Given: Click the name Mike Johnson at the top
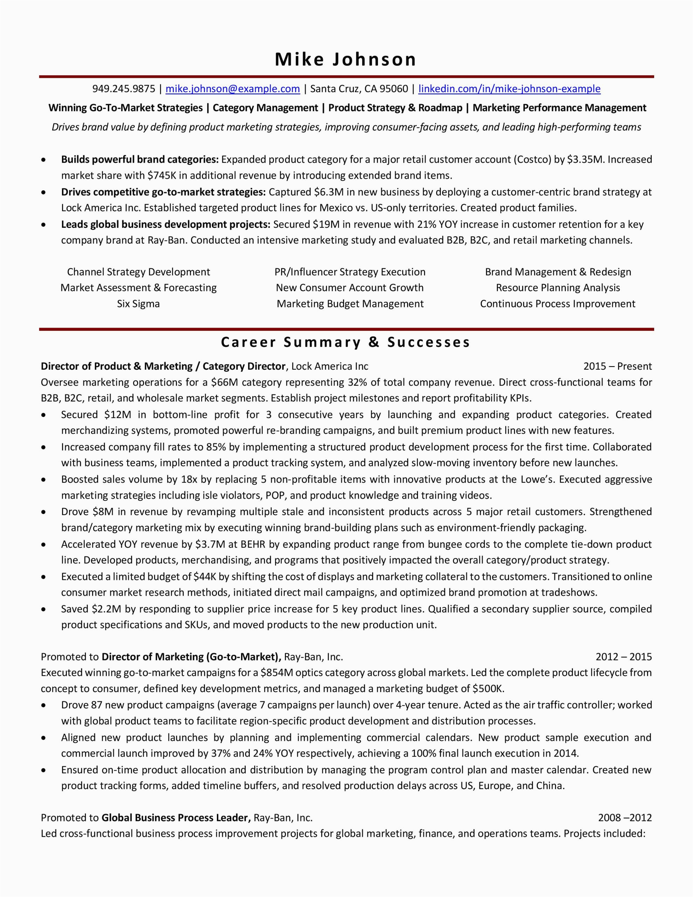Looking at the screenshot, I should click(345, 60).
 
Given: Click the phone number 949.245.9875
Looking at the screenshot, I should click(124, 89).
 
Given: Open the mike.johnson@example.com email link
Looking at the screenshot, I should click(233, 89).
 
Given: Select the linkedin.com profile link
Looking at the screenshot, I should click(509, 89).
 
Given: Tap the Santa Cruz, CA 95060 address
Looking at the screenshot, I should click(359, 89).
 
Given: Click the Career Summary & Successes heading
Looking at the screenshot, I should click(345, 342).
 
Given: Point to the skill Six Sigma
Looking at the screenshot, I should click(138, 304).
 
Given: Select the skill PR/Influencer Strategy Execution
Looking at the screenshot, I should click(350, 272).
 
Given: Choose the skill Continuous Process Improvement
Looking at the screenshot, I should click(557, 304).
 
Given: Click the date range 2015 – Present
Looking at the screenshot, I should click(617, 367).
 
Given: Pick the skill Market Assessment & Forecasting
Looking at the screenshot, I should click(138, 288).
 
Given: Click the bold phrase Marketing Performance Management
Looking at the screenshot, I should click(559, 108).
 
